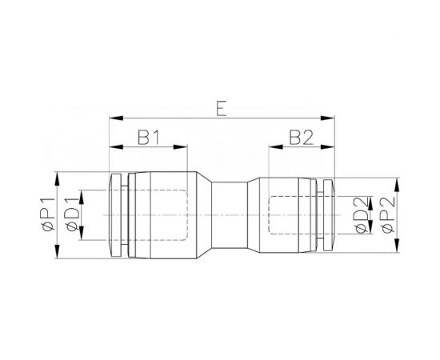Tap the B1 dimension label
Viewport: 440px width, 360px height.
(x=147, y=137)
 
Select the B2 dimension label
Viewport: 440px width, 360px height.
(x=301, y=137)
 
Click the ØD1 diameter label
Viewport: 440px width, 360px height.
(x=73, y=214)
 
